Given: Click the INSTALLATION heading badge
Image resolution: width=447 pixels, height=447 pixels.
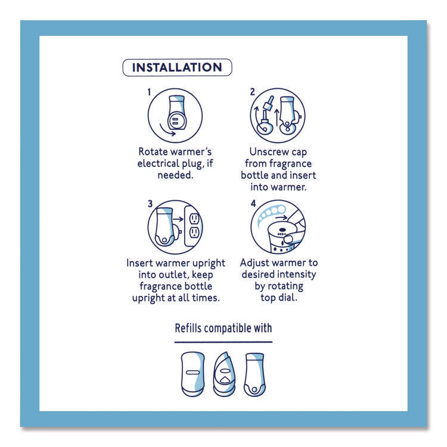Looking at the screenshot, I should (x=177, y=67).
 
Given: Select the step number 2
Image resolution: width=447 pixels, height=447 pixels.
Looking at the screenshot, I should (x=252, y=92).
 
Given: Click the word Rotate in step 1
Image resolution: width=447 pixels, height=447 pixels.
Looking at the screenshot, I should (x=153, y=151).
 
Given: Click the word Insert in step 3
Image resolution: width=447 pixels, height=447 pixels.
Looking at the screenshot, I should (x=141, y=263).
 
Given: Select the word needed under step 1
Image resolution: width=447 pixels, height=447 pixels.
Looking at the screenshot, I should (x=175, y=176).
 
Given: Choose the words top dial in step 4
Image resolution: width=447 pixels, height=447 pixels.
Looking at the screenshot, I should (x=278, y=297).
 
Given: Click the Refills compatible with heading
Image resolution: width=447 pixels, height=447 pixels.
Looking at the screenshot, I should (x=223, y=328).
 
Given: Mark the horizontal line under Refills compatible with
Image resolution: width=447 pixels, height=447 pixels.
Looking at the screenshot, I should (x=223, y=342).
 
